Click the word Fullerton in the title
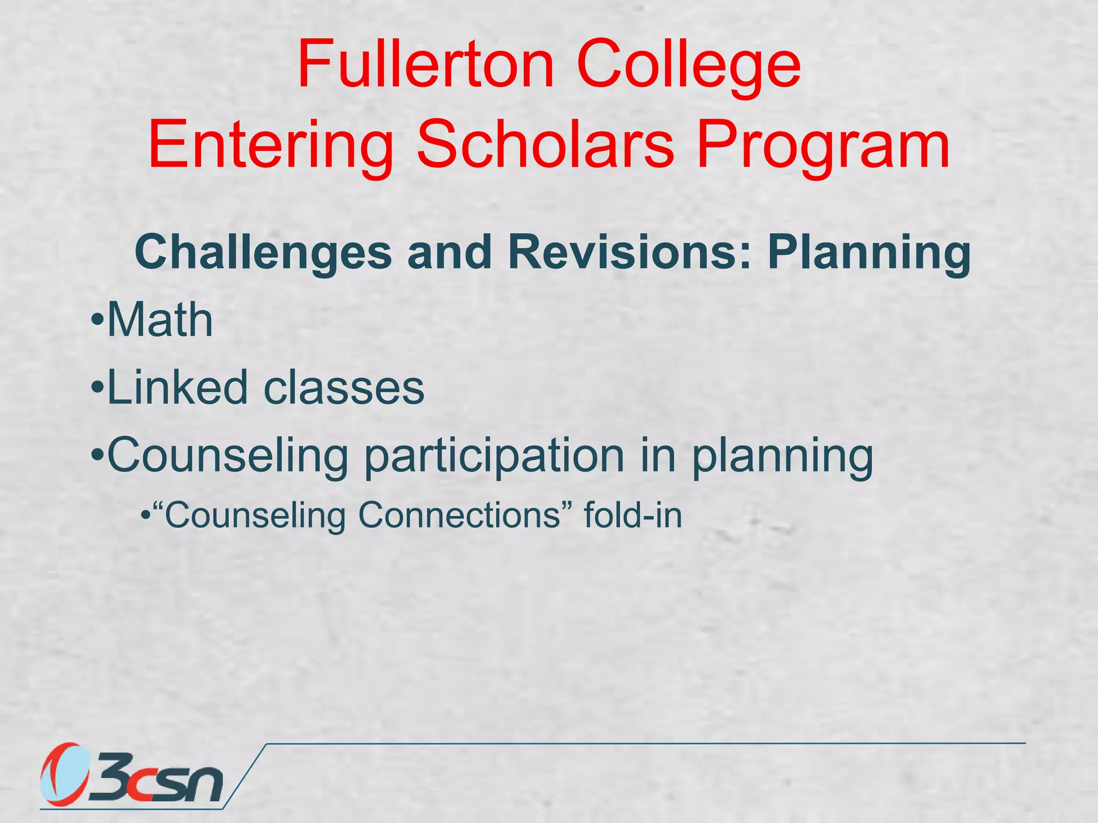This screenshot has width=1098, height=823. click(426, 65)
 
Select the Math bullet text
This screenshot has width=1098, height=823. click(160, 320)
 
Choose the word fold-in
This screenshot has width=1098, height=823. click(633, 515)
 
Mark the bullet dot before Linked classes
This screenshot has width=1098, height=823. click(97, 388)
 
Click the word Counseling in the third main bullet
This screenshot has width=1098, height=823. click(228, 455)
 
